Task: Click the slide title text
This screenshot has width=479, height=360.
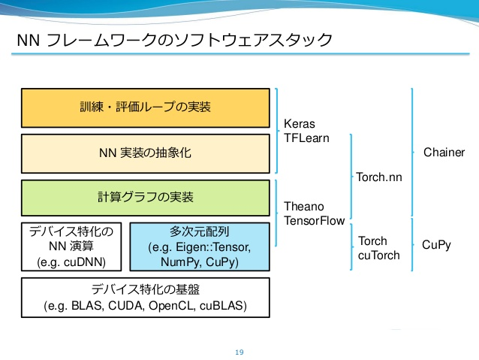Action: tap(175, 40)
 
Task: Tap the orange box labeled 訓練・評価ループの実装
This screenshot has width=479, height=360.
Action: tap(146, 108)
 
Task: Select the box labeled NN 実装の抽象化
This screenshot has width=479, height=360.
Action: tap(146, 153)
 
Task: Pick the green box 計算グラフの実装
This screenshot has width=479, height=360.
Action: tap(146, 198)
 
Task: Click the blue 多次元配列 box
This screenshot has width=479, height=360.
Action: tap(200, 247)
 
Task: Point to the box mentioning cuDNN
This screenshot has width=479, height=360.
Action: tap(71, 247)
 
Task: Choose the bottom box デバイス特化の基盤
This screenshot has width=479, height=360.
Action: tap(146, 298)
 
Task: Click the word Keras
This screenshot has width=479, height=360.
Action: tap(300, 124)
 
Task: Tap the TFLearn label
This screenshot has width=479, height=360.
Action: tap(307, 138)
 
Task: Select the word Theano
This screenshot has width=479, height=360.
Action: tap(304, 207)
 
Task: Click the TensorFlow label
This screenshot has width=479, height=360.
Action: tap(315, 220)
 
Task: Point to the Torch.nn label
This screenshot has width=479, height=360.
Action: tap(379, 177)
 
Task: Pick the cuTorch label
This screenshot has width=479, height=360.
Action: tap(379, 255)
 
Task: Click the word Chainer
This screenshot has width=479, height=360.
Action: tap(444, 152)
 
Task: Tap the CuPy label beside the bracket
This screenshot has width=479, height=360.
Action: tap(436, 245)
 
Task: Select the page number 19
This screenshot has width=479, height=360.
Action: tap(239, 352)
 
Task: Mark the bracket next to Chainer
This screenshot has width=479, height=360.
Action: tap(412, 152)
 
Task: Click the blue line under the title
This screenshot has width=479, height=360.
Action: tap(240, 54)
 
